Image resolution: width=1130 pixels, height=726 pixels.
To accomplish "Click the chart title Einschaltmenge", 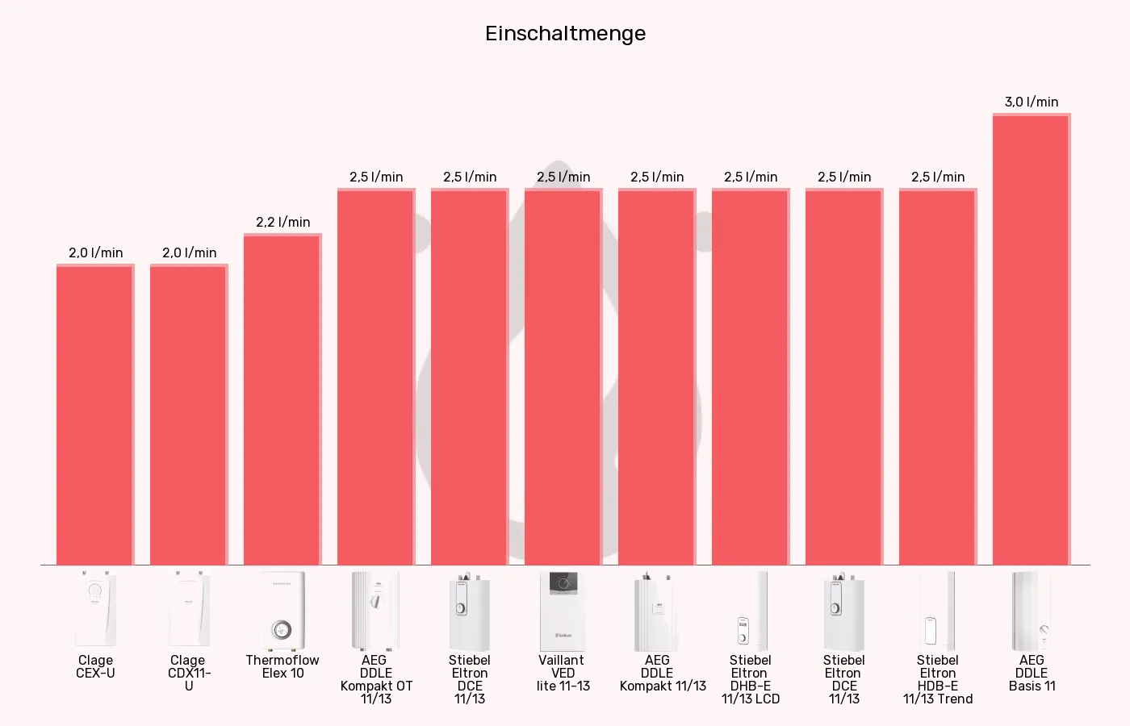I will (x=565, y=34).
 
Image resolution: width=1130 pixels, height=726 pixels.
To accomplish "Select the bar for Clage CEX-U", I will (x=95, y=415).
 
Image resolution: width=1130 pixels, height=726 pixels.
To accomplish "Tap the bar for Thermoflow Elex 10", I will (x=282, y=399).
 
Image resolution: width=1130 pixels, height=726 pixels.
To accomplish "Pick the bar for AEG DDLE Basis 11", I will (x=1032, y=339).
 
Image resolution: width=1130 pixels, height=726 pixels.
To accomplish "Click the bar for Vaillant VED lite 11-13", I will (x=563, y=377).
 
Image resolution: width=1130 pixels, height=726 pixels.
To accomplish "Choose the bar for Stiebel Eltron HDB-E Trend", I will (x=938, y=377).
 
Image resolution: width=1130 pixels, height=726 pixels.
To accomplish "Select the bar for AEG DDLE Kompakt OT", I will (x=376, y=377).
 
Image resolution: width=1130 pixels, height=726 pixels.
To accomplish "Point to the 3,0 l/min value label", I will (x=1032, y=102).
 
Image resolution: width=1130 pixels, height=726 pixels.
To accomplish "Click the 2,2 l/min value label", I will (x=282, y=222).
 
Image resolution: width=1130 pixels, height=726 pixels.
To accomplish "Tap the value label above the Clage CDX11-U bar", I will (x=189, y=252).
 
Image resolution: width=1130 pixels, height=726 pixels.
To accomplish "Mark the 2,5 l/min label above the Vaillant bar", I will (x=563, y=177).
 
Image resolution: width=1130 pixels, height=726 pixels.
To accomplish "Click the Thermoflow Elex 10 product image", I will (x=282, y=611).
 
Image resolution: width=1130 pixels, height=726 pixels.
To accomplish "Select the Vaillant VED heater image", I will (x=563, y=611).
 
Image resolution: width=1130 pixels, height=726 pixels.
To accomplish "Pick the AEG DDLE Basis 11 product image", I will (x=1032, y=611).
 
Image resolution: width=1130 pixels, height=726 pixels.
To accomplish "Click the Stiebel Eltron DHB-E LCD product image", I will (x=751, y=611).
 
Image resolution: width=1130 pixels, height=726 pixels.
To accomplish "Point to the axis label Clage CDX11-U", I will (x=189, y=673).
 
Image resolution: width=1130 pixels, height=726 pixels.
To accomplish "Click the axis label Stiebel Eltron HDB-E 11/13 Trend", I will (x=938, y=679).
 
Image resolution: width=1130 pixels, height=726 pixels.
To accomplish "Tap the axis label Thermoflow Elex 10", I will (x=282, y=666).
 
